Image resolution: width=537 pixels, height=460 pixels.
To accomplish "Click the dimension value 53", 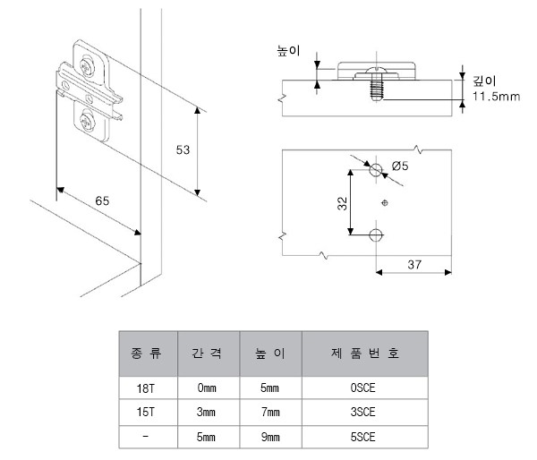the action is (x=183, y=149).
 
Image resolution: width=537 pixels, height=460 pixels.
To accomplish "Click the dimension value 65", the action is (x=102, y=200).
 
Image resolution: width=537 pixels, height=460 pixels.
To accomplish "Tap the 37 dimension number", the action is (x=414, y=264).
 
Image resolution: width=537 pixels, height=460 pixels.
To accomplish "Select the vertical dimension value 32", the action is (x=342, y=203).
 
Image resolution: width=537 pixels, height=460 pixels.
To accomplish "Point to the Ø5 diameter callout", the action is (x=400, y=166).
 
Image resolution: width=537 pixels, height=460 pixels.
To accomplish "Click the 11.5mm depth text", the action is (x=496, y=97).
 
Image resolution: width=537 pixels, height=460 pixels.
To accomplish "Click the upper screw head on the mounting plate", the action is (x=87, y=66).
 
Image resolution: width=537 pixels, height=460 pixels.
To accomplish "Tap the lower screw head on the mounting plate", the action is (x=87, y=122).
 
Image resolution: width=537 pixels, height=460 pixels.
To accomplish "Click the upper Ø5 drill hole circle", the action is (x=376, y=169).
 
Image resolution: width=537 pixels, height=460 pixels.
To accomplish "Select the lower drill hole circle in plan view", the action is (x=376, y=235).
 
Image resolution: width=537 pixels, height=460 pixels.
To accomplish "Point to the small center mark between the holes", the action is (x=385, y=203).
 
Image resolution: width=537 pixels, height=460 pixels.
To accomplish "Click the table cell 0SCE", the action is (x=362, y=388).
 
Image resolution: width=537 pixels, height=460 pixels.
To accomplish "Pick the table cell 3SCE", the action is (x=362, y=412).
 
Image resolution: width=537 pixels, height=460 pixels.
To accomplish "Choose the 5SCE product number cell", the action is (x=362, y=437).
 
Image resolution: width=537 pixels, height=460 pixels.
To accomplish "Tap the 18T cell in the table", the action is (x=146, y=388).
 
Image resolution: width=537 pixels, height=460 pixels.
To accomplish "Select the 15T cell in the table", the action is (x=146, y=412).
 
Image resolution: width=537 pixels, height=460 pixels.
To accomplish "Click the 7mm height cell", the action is (x=270, y=412).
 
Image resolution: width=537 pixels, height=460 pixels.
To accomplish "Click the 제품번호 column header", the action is (x=365, y=353).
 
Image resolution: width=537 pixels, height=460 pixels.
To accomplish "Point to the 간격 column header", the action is (x=206, y=353).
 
